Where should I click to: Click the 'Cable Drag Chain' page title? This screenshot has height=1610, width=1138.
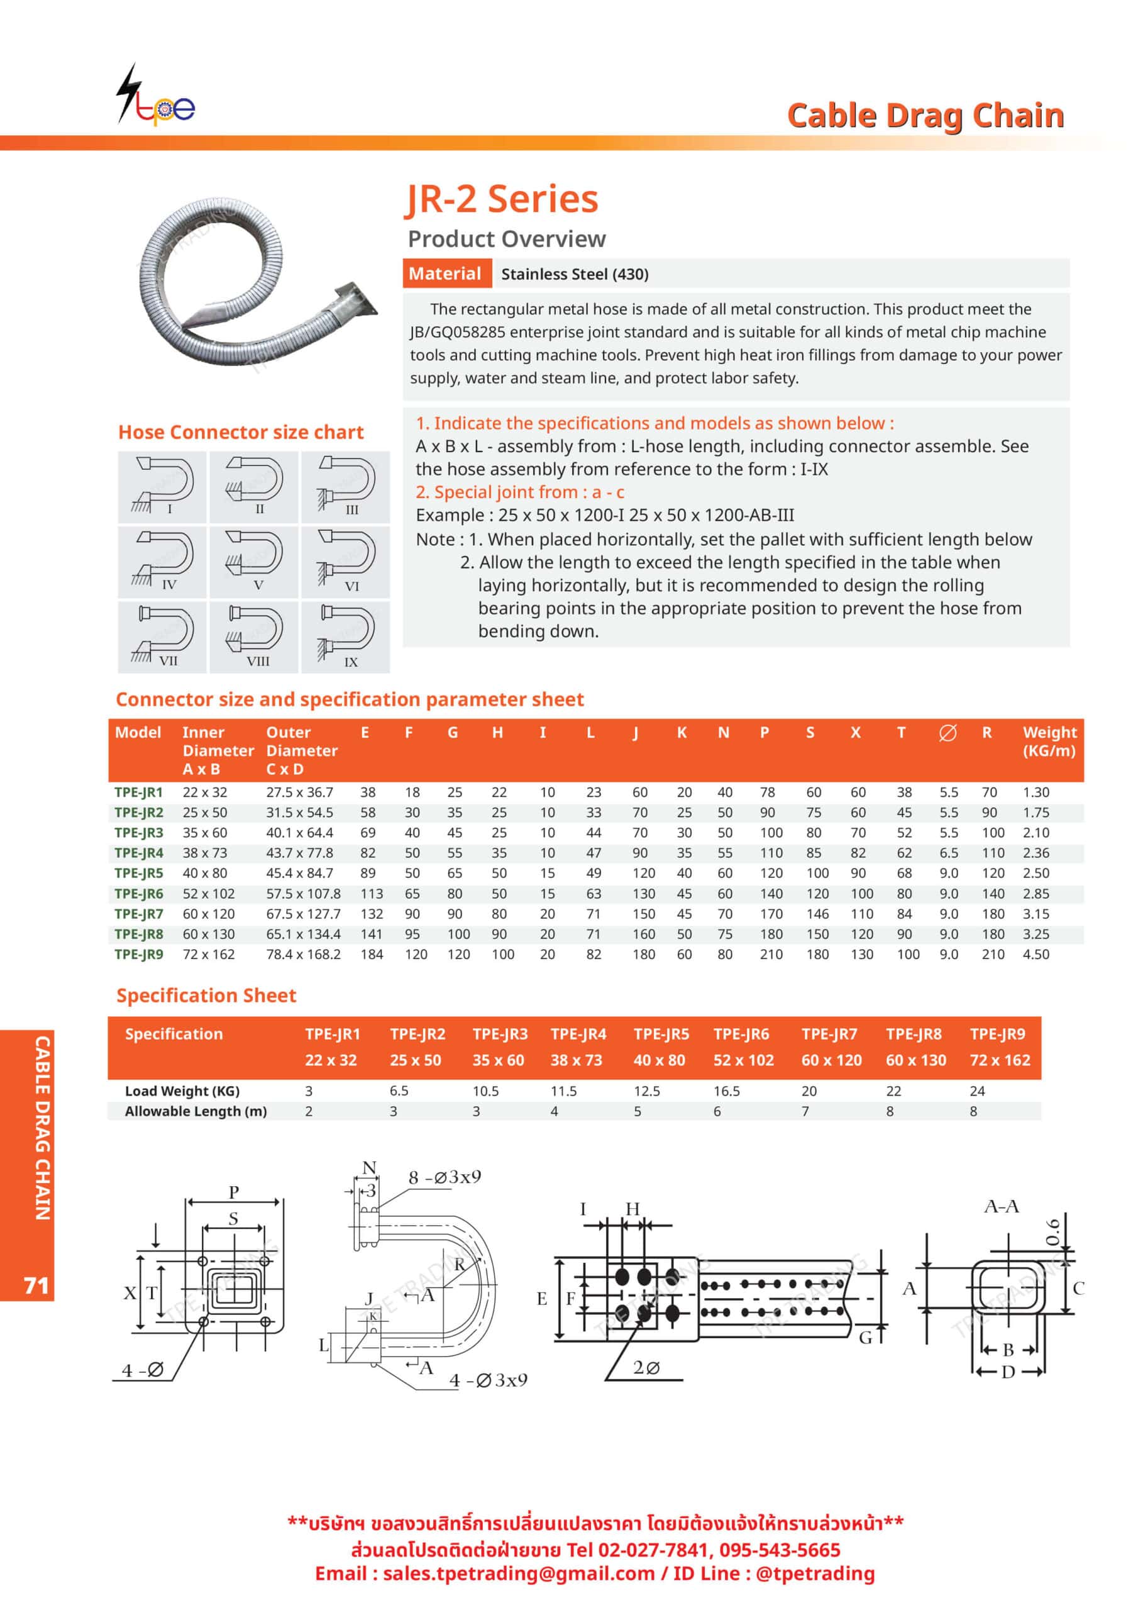click(x=925, y=116)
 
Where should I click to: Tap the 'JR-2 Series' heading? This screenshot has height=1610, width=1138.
click(x=502, y=199)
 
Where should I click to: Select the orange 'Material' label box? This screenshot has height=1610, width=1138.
click(x=445, y=274)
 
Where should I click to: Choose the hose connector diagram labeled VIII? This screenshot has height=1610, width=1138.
click(x=254, y=636)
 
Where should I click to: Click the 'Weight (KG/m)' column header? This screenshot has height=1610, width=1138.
click(x=1049, y=741)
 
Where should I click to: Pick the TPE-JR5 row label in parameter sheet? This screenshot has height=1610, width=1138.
click(x=139, y=873)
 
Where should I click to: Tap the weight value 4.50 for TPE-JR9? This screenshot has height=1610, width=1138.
click(x=1036, y=954)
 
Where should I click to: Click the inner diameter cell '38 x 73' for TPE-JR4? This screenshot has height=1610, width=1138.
click(x=205, y=853)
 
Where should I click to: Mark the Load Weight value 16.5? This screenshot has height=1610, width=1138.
click(x=726, y=1091)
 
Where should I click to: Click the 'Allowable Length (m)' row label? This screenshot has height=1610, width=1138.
click(x=196, y=1111)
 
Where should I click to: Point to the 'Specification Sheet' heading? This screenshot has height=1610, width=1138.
click(x=206, y=996)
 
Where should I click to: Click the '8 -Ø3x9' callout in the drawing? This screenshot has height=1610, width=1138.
click(x=445, y=1177)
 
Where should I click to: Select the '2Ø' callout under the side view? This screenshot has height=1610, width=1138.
click(x=646, y=1368)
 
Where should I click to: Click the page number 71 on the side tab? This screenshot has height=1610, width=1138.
click(x=36, y=1285)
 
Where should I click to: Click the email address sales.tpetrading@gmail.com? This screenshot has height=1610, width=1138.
click(x=519, y=1573)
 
